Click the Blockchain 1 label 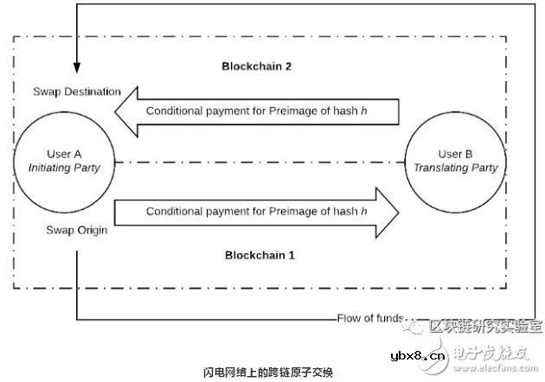[259, 255]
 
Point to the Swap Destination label [76, 92]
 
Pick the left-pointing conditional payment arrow [259, 111]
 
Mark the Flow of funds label [370, 318]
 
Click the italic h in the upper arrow [364, 111]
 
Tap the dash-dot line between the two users [259, 162]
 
